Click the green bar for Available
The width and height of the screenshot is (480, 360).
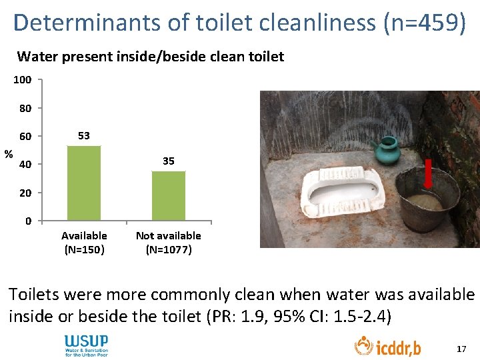84,183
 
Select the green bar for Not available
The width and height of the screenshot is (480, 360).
169,196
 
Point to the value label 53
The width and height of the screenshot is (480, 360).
84,135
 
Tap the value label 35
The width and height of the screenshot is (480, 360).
169,161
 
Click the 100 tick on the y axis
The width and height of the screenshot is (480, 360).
23,80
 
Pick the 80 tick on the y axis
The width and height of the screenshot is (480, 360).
25,108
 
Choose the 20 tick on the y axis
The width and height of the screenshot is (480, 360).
25,193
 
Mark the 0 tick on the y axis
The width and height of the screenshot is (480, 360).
28,221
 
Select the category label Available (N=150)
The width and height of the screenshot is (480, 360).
84,243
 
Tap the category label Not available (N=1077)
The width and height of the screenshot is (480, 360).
169,243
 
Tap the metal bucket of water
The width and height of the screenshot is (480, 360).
427,200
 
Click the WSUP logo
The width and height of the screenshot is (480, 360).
85,345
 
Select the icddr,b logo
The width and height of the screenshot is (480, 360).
387,346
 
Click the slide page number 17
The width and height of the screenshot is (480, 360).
461,349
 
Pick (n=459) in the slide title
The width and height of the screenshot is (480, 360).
424,23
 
